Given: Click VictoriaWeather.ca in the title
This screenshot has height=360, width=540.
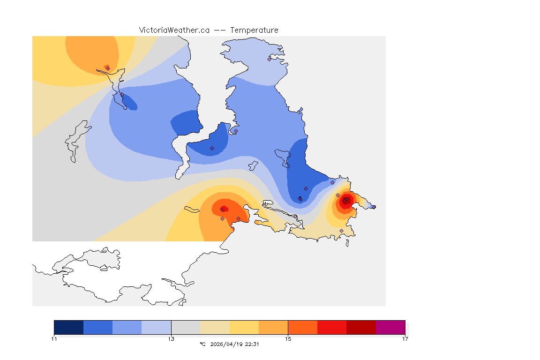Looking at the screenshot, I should click(174, 30).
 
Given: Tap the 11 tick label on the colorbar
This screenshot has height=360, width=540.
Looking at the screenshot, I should click(54, 338).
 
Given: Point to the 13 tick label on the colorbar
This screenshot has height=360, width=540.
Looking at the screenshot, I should click(171, 338).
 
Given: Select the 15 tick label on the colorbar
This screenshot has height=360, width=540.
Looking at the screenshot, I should click(288, 338).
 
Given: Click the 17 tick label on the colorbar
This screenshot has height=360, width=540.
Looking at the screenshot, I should click(405, 338).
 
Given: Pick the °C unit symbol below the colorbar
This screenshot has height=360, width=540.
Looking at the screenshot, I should click(202, 344).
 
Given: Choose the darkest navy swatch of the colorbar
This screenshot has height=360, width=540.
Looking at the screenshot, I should click(69, 327).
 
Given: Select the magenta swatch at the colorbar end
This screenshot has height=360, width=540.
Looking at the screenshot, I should click(390, 327).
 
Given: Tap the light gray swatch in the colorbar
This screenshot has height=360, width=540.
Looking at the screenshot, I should click(186, 327).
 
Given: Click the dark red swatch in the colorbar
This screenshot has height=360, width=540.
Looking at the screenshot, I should click(361, 327).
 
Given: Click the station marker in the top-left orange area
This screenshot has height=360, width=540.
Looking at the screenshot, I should click(108, 68).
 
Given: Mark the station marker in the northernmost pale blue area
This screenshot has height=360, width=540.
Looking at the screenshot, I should click(270, 59).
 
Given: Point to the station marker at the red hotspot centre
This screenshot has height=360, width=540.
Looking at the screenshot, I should click(345, 201).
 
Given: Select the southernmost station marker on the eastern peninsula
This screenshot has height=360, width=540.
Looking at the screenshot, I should click(341, 231).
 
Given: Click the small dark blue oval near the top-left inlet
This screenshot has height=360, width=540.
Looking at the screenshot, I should click(129, 102).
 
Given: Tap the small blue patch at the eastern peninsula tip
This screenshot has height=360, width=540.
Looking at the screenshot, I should click(372, 206).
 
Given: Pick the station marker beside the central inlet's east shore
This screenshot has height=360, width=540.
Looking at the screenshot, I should click(236, 131).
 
